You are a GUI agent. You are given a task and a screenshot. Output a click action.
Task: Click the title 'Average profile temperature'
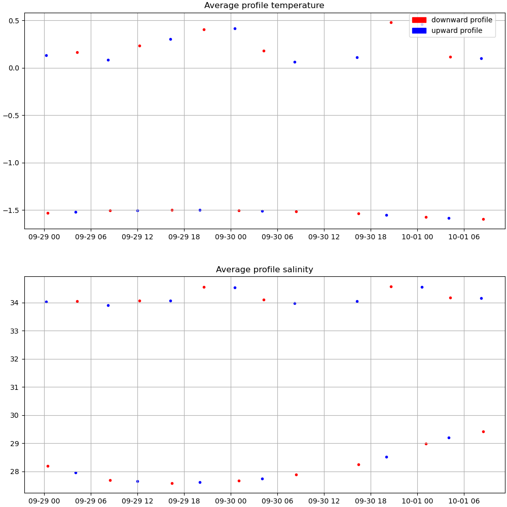(264, 6)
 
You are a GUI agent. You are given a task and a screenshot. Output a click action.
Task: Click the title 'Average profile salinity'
(264, 270)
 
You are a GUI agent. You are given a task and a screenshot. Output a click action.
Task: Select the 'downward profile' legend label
(461, 20)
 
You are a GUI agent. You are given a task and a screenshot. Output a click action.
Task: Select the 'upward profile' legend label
(456, 31)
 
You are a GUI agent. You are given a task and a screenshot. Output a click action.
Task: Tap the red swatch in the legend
(419, 20)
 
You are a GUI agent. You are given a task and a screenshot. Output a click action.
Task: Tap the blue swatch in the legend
(419, 31)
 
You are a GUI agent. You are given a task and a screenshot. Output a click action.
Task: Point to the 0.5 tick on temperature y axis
(13, 21)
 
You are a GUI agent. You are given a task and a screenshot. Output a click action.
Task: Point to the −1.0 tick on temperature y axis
(11, 163)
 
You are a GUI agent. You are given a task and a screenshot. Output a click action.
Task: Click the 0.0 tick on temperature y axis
(13, 68)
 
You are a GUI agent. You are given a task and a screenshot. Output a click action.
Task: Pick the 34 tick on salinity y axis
(14, 303)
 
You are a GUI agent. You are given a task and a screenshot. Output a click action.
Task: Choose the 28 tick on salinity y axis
(14, 472)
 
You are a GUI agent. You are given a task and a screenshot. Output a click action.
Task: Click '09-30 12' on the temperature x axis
(324, 237)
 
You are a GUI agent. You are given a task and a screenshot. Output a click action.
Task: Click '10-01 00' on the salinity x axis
(417, 501)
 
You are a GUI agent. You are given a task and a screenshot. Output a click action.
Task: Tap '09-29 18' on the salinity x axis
(184, 501)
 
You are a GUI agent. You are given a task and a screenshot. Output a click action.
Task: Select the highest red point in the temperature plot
(391, 22)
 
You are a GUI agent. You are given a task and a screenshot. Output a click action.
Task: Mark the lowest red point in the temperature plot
(483, 219)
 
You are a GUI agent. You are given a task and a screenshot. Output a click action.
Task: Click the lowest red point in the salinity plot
(172, 483)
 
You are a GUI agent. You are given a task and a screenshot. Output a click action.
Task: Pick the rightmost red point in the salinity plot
(483, 431)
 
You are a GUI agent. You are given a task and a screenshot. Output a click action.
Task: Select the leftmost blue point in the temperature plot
(46, 55)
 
